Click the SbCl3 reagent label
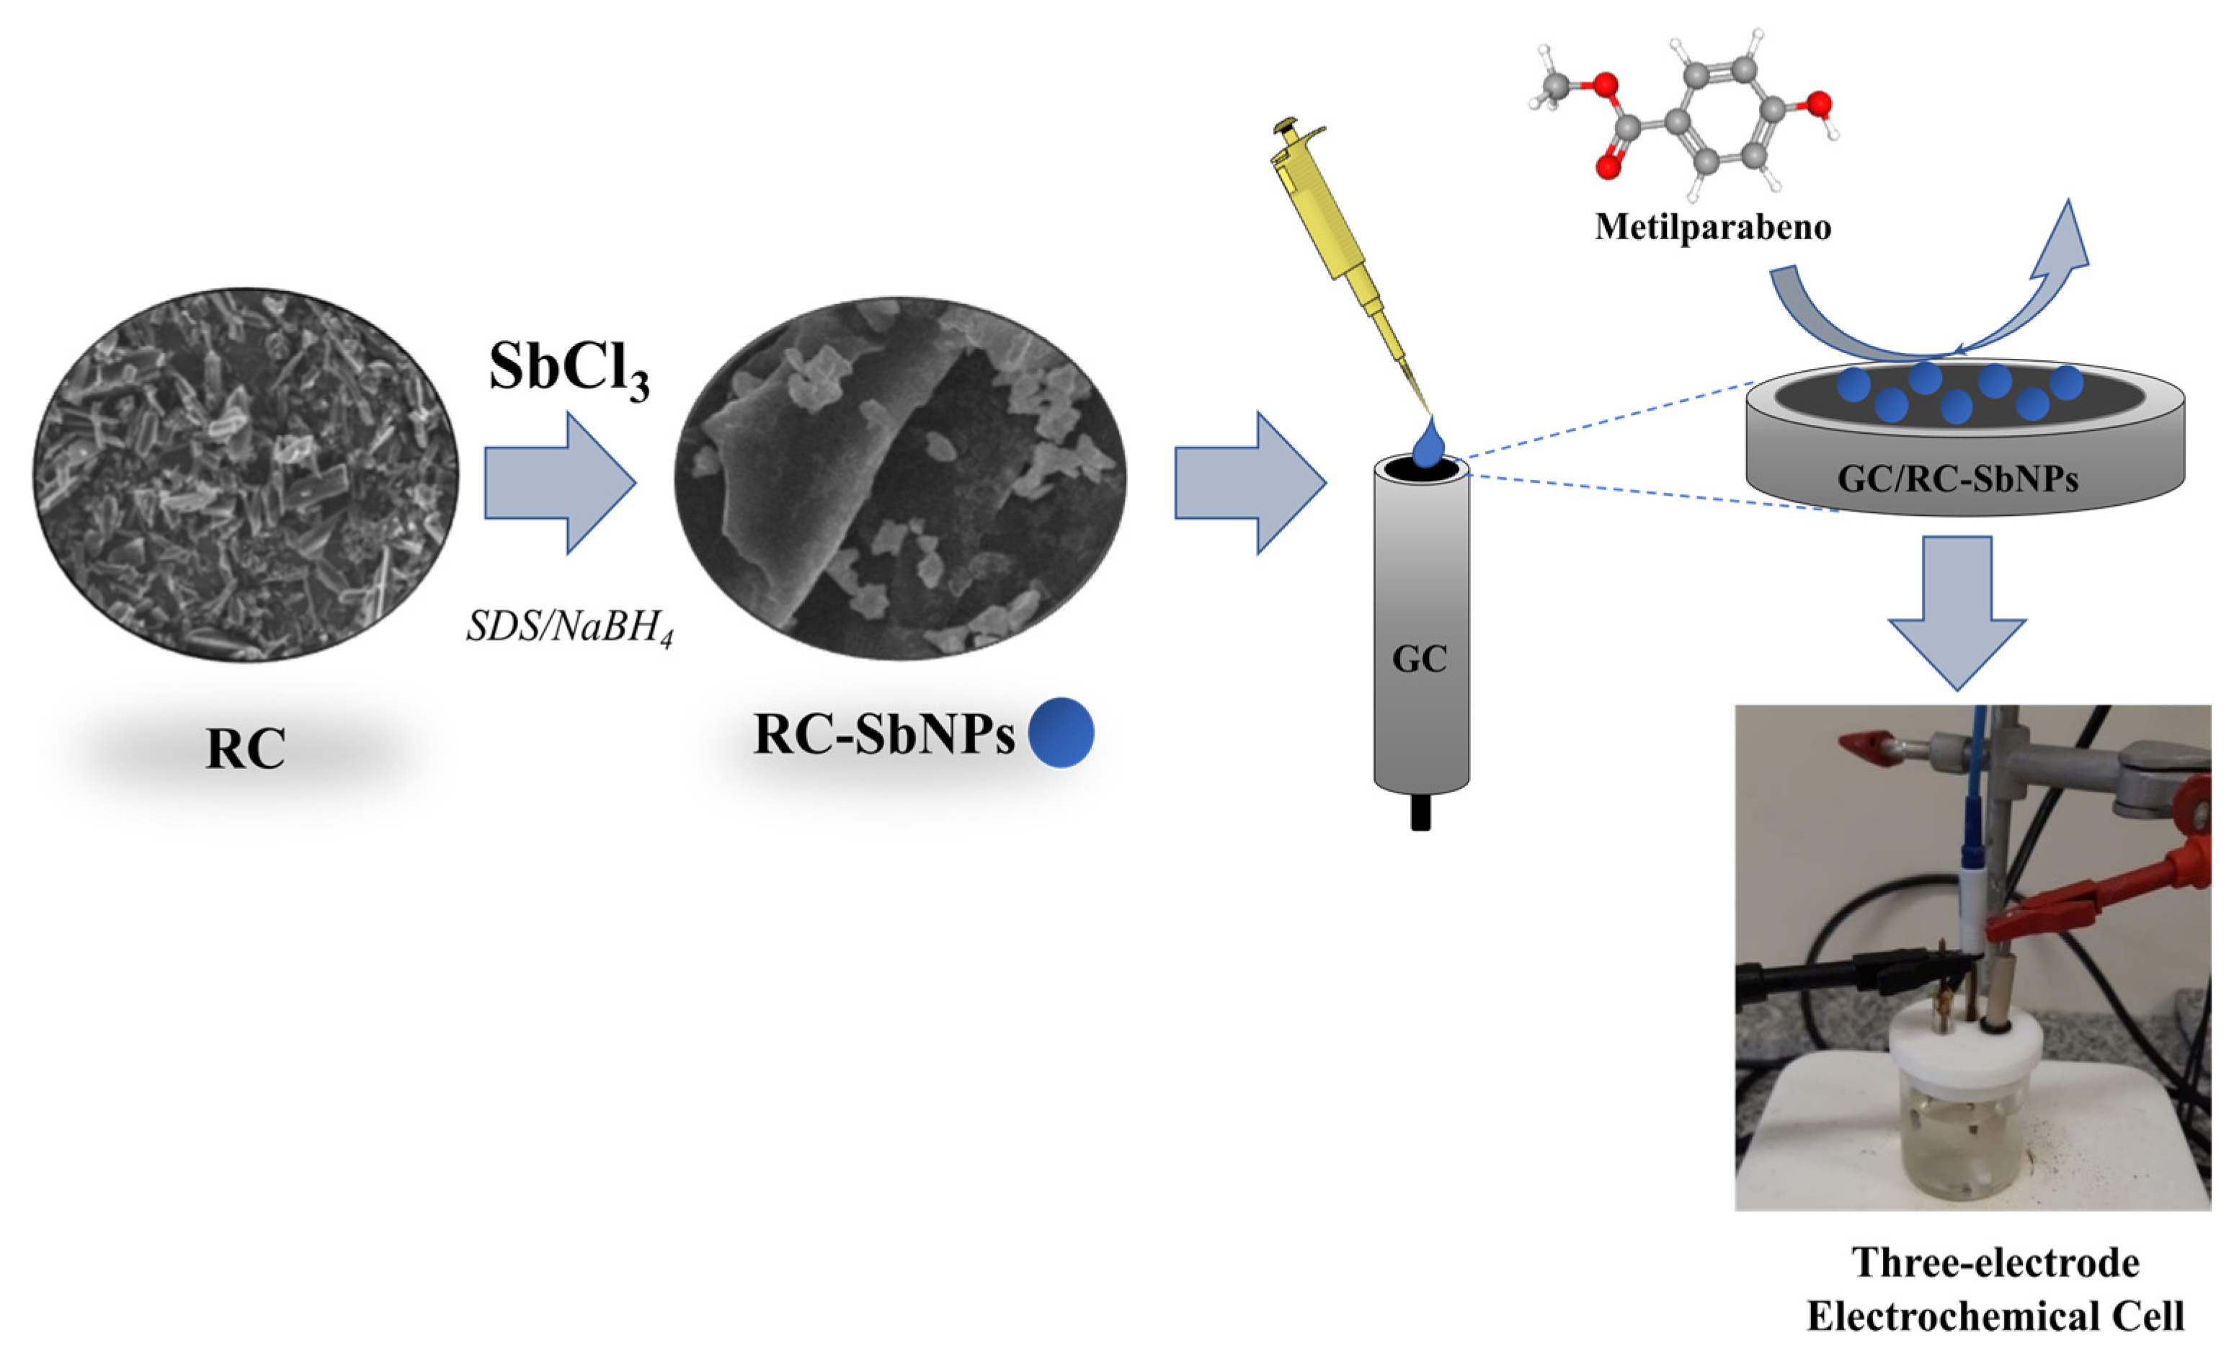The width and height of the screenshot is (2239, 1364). [x=569, y=369]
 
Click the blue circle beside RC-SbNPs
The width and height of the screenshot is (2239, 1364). [x=1061, y=732]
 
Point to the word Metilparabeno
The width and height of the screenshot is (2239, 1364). [x=1713, y=226]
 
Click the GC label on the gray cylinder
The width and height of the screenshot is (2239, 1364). [x=1420, y=659]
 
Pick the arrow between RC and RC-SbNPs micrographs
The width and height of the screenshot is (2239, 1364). [x=558, y=483]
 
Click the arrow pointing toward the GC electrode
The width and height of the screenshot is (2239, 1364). [x=1250, y=483]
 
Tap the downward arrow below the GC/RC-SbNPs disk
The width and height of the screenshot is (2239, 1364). [x=1957, y=610]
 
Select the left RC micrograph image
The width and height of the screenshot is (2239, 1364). [x=245, y=474]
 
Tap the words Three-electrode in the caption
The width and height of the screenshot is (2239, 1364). [x=1995, y=1263]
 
